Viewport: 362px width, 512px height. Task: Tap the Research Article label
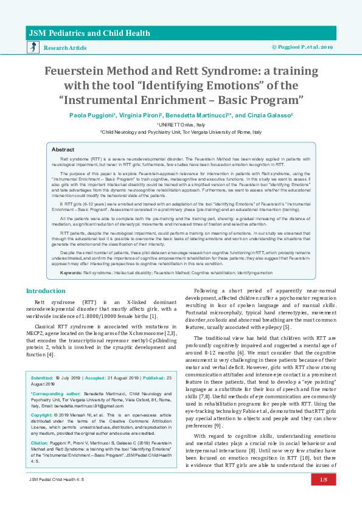tap(65, 47)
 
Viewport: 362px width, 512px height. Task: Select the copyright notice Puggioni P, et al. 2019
tap(302, 47)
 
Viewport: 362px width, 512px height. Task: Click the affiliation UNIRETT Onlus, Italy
tap(181, 124)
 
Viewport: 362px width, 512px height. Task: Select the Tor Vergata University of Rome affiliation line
tap(181, 131)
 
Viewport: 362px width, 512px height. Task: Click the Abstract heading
tap(63, 149)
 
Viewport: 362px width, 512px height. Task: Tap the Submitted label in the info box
tap(42, 378)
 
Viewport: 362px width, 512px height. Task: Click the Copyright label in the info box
tap(43, 415)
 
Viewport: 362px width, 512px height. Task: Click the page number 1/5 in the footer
tap(323, 497)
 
